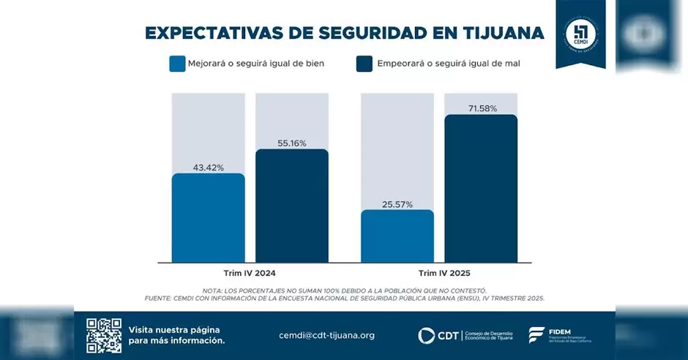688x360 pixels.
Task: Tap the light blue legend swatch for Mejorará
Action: point(177,64)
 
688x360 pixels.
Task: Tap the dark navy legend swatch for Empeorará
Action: point(364,64)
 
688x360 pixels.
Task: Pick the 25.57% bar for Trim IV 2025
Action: point(397,236)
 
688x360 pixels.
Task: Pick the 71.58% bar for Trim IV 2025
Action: point(481,188)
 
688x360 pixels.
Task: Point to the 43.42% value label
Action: point(209,168)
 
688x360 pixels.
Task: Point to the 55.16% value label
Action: point(291,143)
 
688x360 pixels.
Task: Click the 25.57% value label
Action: point(397,204)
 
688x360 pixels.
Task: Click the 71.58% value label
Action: point(482,108)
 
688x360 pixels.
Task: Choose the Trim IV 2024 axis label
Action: point(250,274)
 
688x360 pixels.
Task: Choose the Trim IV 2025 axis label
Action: point(439,274)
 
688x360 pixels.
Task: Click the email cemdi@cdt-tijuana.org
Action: point(326,335)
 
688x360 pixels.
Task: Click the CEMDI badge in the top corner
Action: point(580,33)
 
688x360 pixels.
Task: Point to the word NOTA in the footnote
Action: point(214,290)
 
